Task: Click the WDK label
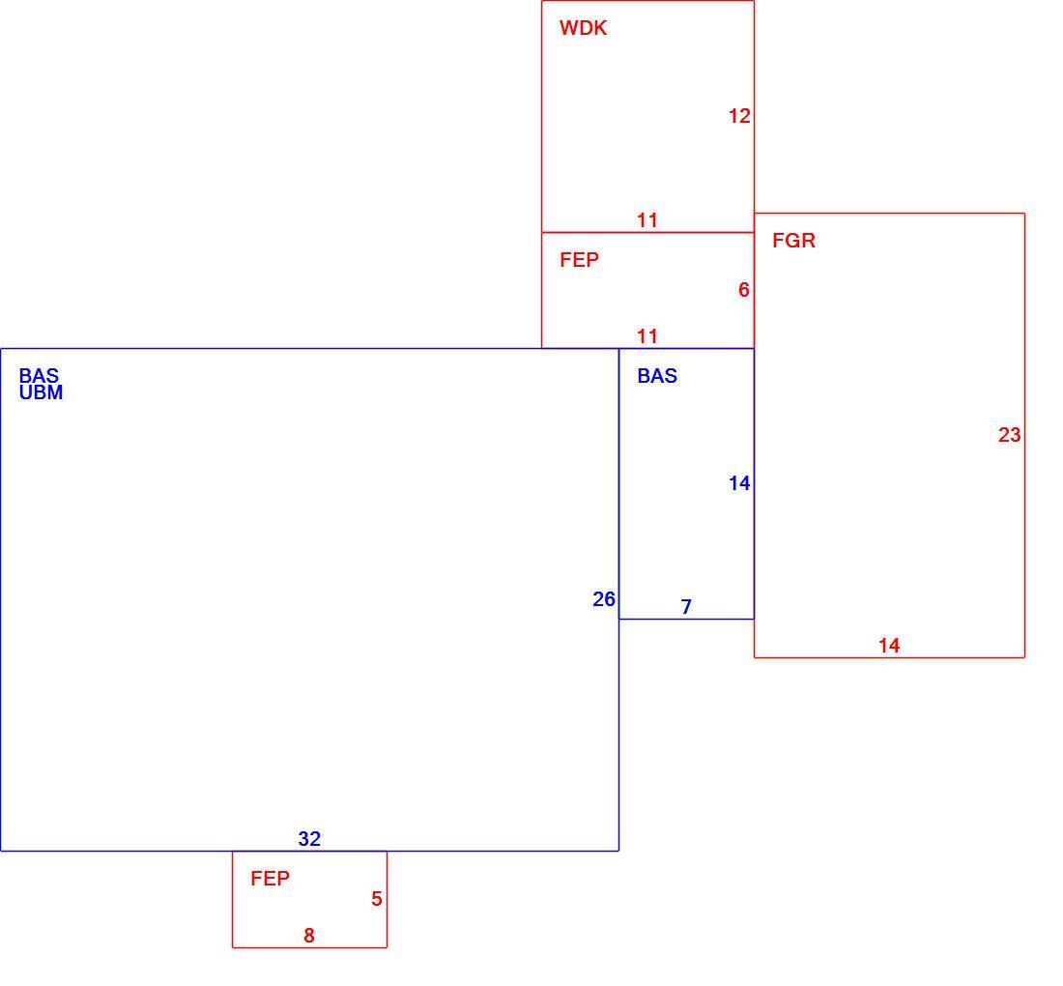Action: coord(583,28)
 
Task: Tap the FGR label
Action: coord(793,241)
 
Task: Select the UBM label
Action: coord(41,392)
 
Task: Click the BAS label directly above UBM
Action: coord(39,376)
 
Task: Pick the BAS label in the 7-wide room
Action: coord(657,376)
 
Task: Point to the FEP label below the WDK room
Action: coord(579,260)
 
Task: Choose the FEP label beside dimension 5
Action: coord(270,879)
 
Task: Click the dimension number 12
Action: coord(739,117)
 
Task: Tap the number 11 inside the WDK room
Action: coord(647,220)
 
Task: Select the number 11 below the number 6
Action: coord(647,336)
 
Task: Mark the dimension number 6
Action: coord(744,290)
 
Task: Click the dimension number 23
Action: coord(1010,435)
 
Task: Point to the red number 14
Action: coord(889,646)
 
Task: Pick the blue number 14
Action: coord(739,483)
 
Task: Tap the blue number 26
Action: coord(604,599)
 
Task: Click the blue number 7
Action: coord(686,607)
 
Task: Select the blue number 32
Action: coord(309,839)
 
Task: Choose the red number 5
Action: coord(377,899)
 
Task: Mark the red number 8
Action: coord(309,936)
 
